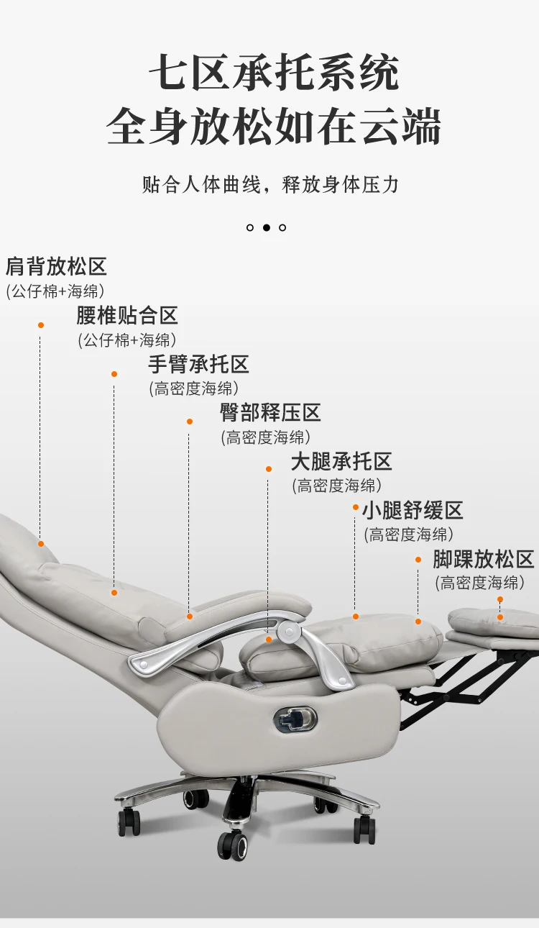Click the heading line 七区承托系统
(x=274, y=73)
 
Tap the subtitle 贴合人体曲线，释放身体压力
(x=270, y=184)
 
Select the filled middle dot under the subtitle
(x=266, y=227)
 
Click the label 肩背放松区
(x=56, y=267)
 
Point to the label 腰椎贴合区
(x=127, y=315)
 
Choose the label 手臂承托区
(x=198, y=364)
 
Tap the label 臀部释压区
(x=270, y=413)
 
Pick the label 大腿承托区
(x=341, y=461)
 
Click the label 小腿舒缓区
(x=412, y=511)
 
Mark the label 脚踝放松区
(x=483, y=559)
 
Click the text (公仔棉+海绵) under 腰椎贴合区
(x=127, y=340)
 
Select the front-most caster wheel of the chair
(x=234, y=843)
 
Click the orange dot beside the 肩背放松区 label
(x=41, y=325)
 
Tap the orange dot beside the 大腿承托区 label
(x=268, y=469)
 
